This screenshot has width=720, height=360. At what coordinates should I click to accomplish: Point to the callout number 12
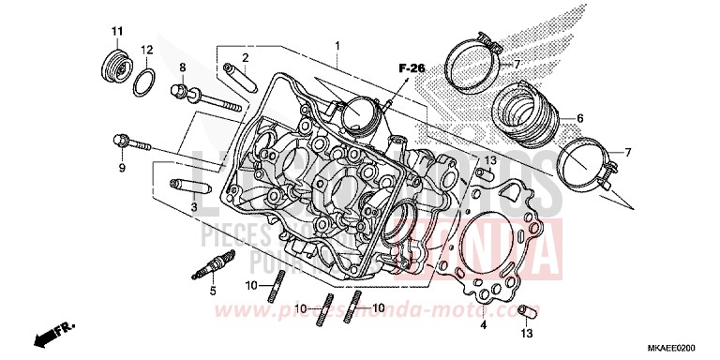point(147,49)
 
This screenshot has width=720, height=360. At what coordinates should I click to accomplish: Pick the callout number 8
point(184,67)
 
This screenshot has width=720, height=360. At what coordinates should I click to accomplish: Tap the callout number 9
point(121,168)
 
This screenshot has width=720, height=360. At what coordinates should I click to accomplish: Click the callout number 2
point(245,57)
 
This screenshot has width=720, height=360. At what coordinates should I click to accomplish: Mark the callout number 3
point(193,206)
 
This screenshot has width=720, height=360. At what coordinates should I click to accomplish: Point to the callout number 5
point(213,292)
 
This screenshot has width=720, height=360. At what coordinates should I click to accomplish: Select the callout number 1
point(338,45)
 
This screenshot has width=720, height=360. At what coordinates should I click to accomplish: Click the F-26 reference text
point(411,67)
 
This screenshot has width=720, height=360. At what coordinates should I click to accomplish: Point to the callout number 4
point(484,326)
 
